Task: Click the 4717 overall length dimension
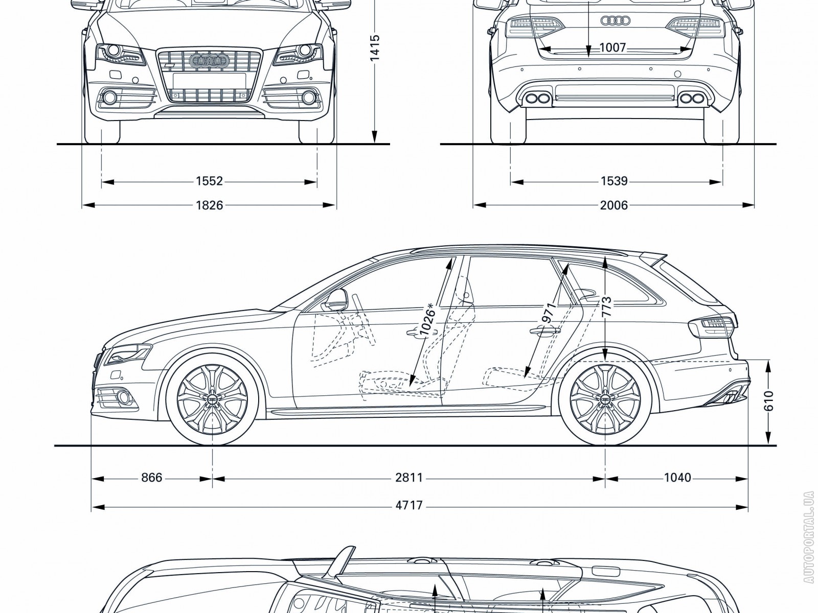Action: (409, 505)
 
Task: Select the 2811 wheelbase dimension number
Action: (409, 478)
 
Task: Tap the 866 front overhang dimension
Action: (152, 478)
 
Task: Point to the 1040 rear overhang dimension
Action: (677, 478)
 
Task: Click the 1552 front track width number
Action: (210, 181)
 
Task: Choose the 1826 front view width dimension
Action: (210, 205)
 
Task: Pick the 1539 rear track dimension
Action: (614, 181)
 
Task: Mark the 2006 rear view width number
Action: (614, 205)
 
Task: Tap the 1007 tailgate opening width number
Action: (612, 48)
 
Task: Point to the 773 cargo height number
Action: (606, 308)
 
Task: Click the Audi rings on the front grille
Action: (208, 61)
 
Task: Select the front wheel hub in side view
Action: (212, 399)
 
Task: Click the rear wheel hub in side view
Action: (605, 399)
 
